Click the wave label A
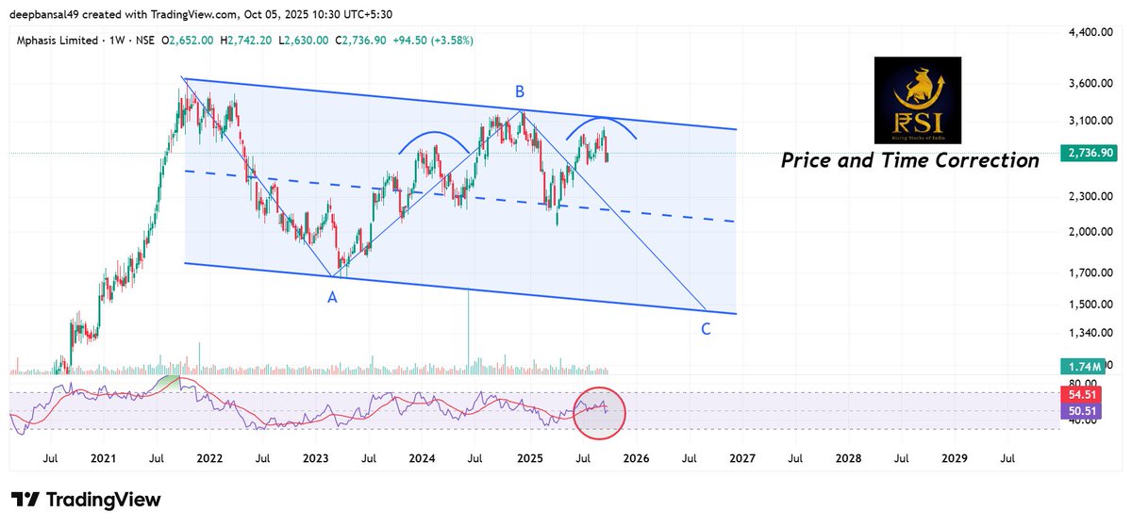[x=332, y=297]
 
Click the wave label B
[x=519, y=91]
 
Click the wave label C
[x=706, y=329]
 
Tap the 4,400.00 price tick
[x=1094, y=32]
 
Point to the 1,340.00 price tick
[x=1094, y=333]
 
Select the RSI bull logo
[x=917, y=99]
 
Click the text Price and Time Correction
[x=909, y=160]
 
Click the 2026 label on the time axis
[x=636, y=457]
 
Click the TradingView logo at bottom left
[x=86, y=500]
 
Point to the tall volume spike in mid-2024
[x=468, y=330]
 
